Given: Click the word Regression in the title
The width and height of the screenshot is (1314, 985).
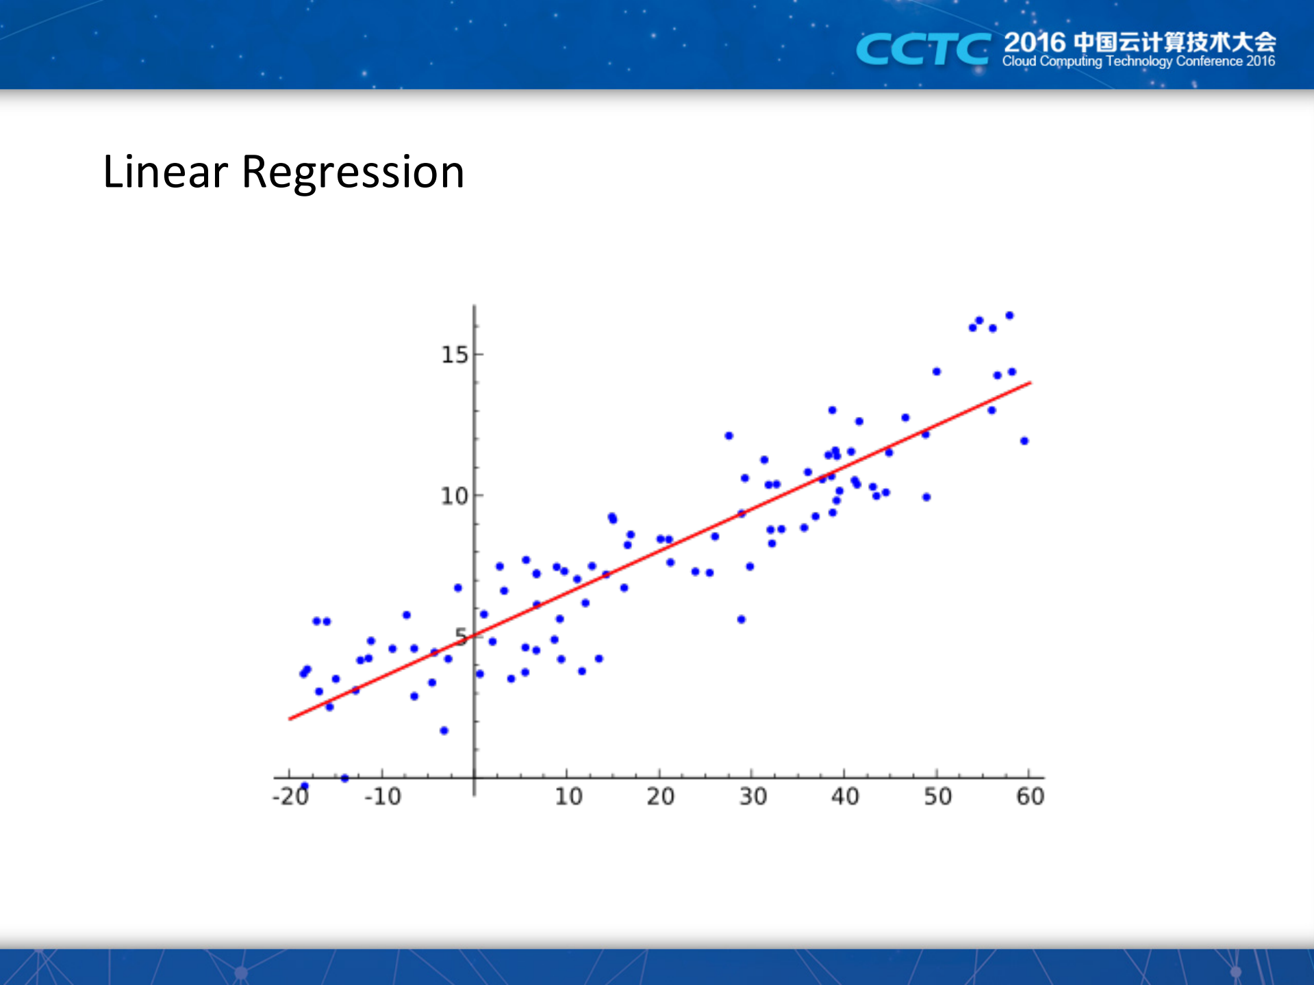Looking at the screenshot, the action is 353,172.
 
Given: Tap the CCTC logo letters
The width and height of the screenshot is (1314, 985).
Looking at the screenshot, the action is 922,49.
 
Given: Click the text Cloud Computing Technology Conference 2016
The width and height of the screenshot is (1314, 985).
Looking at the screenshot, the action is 1138,62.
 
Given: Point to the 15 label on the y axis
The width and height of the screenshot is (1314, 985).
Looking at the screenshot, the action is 454,355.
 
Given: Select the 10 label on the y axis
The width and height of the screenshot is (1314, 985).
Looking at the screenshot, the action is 454,496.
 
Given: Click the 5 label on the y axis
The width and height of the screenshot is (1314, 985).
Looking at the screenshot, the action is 462,637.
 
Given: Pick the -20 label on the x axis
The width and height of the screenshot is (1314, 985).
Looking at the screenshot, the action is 291,796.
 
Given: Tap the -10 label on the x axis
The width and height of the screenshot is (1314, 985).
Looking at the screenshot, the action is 383,796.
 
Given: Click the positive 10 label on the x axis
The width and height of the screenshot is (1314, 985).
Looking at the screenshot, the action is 568,796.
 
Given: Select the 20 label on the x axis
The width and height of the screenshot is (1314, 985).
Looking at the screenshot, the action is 661,796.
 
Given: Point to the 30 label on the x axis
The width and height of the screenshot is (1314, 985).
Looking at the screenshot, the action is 753,796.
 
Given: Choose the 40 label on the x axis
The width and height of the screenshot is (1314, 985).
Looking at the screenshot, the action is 845,796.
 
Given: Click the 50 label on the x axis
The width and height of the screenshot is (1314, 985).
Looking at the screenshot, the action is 938,796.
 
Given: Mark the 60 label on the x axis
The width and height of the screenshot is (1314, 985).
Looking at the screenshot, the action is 1030,796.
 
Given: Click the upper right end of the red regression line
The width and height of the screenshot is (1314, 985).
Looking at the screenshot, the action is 1031,383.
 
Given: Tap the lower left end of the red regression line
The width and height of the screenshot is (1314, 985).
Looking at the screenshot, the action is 290,719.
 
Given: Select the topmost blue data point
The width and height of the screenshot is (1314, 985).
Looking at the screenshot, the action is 1009,316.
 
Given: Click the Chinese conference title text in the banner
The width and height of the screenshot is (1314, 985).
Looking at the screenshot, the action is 1140,42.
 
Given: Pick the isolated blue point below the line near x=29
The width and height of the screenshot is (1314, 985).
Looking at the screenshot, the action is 741,619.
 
